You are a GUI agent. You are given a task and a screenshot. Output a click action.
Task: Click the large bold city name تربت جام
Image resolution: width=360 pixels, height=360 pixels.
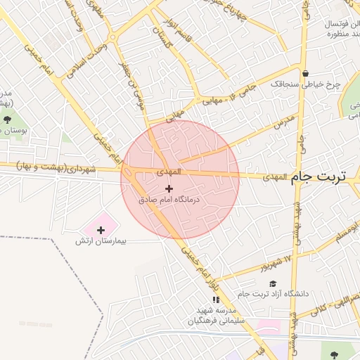point(323,177)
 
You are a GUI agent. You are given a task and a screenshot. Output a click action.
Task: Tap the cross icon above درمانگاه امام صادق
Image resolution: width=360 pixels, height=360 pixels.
point(169,188)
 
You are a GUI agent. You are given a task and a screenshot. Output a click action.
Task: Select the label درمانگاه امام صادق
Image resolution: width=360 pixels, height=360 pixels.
point(169,200)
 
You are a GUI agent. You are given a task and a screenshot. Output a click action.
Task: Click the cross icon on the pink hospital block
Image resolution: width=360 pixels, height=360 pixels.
point(101,229)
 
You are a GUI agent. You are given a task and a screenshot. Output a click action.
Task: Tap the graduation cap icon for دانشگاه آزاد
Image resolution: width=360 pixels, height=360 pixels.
point(272,283)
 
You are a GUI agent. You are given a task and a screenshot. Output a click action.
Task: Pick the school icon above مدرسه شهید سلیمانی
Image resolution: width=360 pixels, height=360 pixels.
point(216,300)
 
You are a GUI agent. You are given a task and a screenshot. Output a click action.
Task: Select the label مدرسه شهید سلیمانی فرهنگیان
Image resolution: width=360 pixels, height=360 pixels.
point(214,315)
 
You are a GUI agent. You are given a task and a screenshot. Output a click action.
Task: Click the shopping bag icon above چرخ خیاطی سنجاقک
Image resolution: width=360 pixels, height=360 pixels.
point(305,73)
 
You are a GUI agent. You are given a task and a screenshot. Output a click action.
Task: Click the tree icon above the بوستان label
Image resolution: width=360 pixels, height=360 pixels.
point(7,120)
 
